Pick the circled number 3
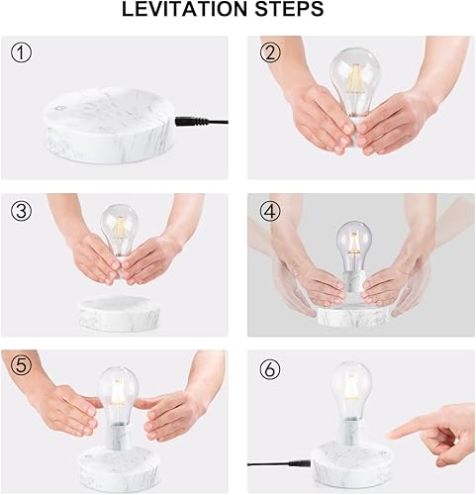pos(22,210)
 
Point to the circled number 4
pos(268,210)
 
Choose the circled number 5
pos(22,365)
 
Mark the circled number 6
pos(268,365)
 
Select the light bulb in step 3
pos(120,227)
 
